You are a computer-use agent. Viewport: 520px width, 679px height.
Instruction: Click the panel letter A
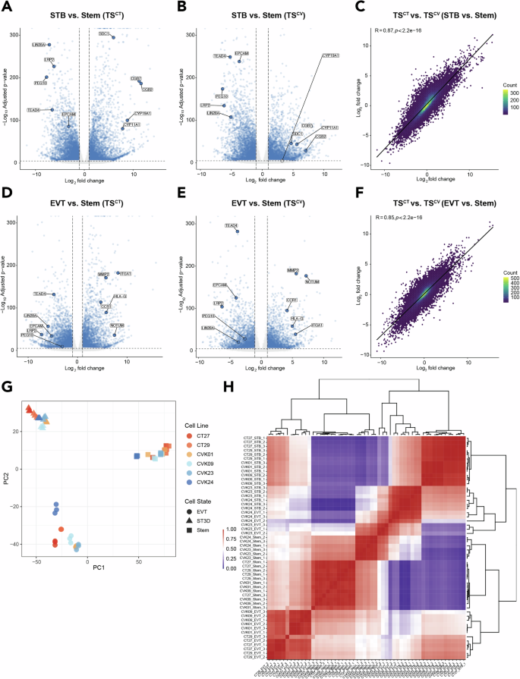pyautogui.click(x=8, y=7)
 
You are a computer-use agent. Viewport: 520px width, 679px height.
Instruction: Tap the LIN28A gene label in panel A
pyautogui.click(x=39, y=45)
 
